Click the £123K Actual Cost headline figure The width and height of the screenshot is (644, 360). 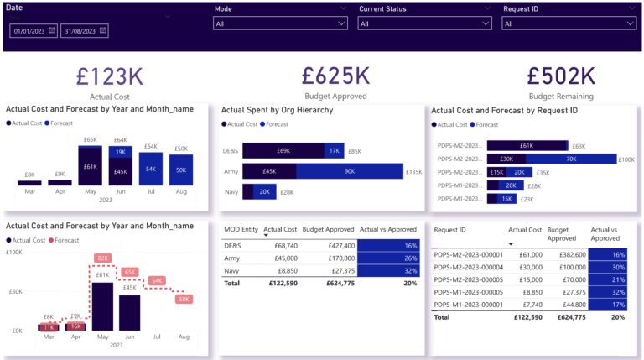(x=109, y=76)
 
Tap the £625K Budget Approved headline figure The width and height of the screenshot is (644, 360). (x=335, y=76)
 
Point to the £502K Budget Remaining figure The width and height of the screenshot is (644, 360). (x=561, y=76)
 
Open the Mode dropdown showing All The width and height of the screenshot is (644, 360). (x=280, y=23)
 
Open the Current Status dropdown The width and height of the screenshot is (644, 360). (x=423, y=23)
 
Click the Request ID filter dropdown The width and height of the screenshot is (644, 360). (x=568, y=23)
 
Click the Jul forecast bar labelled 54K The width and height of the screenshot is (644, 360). (x=151, y=169)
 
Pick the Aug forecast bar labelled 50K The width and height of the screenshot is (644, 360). (x=182, y=170)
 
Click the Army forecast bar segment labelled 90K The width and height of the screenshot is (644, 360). (x=349, y=172)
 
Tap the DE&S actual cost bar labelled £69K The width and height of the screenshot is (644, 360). (x=283, y=151)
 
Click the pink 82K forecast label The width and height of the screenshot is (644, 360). (x=102, y=258)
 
